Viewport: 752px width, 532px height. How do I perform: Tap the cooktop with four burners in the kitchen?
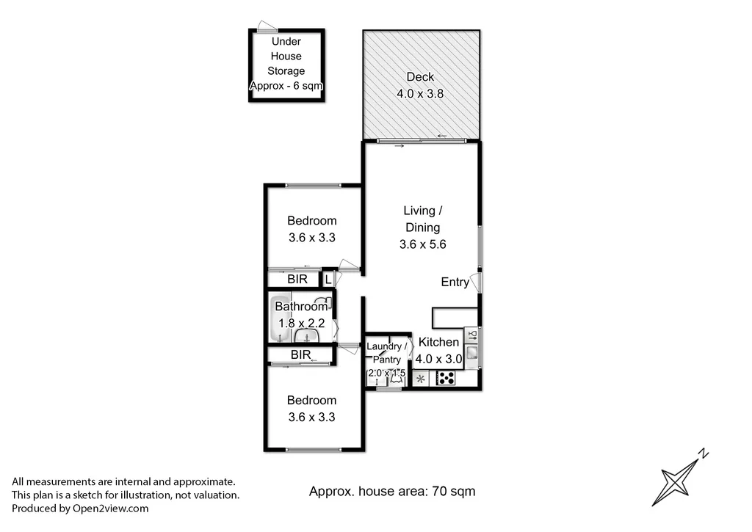point(446,378)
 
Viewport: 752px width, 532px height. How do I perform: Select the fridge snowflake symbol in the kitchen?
point(422,379)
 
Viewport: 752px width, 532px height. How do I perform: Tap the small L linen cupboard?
point(328,279)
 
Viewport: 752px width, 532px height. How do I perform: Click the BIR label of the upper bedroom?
point(297,280)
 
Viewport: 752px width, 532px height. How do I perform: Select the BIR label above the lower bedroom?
point(300,354)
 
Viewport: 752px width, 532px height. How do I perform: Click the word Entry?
point(455,282)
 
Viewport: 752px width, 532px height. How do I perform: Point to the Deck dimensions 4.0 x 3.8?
point(420,94)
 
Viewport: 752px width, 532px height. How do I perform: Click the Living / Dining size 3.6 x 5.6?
point(423,245)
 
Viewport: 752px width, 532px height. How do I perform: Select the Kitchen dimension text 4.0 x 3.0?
point(438,360)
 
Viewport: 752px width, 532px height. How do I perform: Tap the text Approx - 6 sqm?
point(286,86)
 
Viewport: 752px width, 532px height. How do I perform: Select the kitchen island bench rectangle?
point(455,317)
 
